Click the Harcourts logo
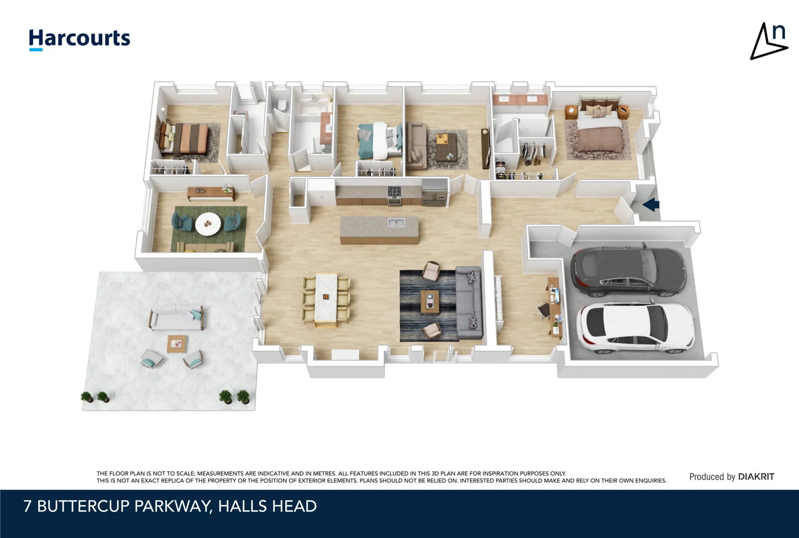79,39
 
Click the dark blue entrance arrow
651,204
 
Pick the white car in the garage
636,327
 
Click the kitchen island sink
396,223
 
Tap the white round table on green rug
208,224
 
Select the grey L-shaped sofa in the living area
469,304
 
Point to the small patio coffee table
177,343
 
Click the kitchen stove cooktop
394,191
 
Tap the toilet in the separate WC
282,106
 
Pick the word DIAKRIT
756,477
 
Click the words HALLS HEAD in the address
267,506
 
